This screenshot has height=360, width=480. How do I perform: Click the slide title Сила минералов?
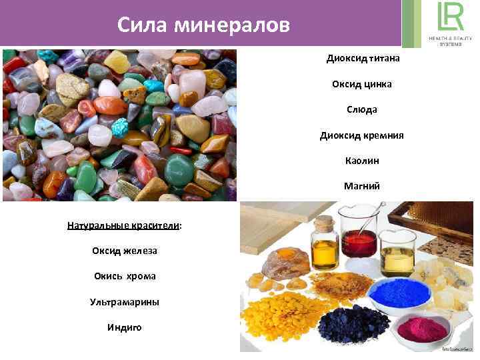click(203, 25)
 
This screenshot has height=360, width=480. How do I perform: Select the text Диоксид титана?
click(363, 59)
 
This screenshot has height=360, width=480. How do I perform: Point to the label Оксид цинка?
click(362, 84)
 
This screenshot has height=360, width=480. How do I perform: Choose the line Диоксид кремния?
click(362, 135)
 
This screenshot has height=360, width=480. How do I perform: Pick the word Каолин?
click(362, 161)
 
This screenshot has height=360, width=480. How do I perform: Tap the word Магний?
click(362, 186)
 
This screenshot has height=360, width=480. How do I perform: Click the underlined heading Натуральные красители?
click(124, 225)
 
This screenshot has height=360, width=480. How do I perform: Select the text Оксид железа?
click(124, 251)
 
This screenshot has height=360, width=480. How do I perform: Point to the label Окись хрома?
click(124, 276)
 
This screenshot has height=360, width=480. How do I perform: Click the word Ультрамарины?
click(125, 302)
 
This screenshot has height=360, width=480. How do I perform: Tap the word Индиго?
click(124, 327)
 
